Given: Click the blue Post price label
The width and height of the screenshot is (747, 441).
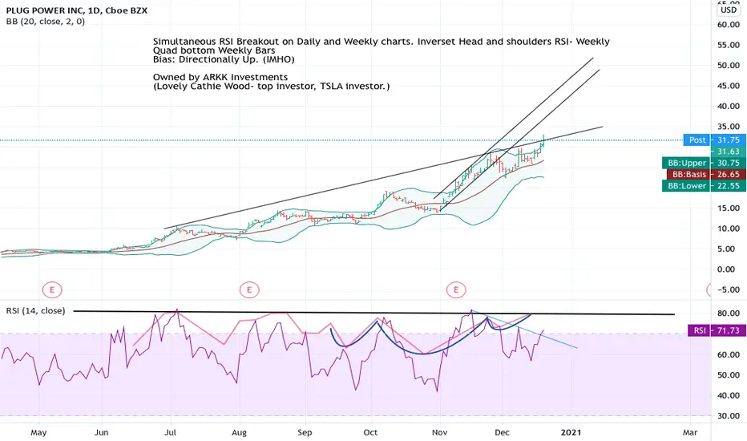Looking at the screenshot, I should [697, 140].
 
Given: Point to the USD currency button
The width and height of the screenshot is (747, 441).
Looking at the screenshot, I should [729, 10].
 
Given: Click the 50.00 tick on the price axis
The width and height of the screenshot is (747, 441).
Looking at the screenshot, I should [729, 65].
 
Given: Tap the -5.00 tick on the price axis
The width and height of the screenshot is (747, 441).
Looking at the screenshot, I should [729, 289].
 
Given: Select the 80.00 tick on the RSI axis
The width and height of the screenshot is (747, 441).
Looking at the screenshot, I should [729, 314].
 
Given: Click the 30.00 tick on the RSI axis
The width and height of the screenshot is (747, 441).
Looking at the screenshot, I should [729, 415].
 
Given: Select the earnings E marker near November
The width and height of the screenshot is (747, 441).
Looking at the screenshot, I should [456, 289].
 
